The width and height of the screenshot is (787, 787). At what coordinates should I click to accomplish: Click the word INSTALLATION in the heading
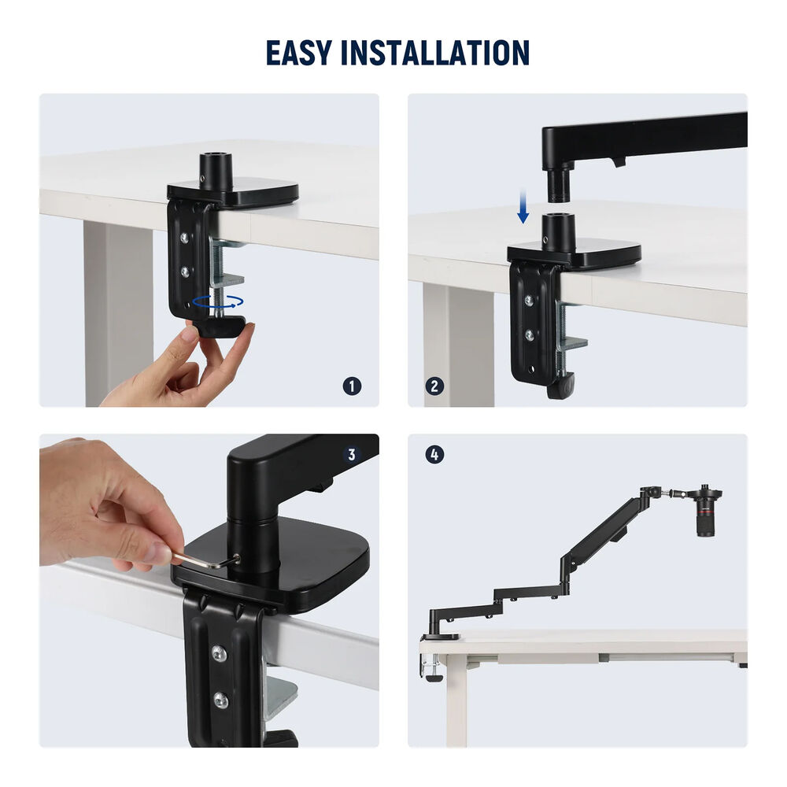pyautogui.click(x=435, y=53)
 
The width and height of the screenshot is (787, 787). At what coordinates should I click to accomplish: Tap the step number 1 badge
pyautogui.click(x=352, y=386)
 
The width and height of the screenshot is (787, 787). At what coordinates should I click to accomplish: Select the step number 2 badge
pyautogui.click(x=434, y=386)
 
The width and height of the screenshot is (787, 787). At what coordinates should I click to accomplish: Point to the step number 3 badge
pyautogui.click(x=351, y=454)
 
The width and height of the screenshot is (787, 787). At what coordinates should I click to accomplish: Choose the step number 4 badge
pyautogui.click(x=434, y=455)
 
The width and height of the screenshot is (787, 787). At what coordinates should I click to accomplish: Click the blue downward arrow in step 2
pyautogui.click(x=523, y=205)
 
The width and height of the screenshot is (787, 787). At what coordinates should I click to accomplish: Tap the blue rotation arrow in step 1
pyautogui.click(x=218, y=301)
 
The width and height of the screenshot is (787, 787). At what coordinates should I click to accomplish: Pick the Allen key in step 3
pyautogui.click(x=205, y=560)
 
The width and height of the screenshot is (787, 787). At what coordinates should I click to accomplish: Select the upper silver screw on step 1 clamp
pyautogui.click(x=185, y=237)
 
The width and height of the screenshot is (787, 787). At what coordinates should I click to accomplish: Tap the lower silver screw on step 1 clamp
pyautogui.click(x=185, y=272)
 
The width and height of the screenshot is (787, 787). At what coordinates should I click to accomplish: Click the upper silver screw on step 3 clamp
pyautogui.click(x=219, y=652)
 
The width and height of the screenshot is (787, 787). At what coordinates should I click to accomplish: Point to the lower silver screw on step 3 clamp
pyautogui.click(x=221, y=700)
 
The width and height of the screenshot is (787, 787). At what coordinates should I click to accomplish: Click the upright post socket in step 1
pyautogui.click(x=216, y=172)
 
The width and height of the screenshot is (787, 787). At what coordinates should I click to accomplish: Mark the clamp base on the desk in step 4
pyautogui.click(x=440, y=637)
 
